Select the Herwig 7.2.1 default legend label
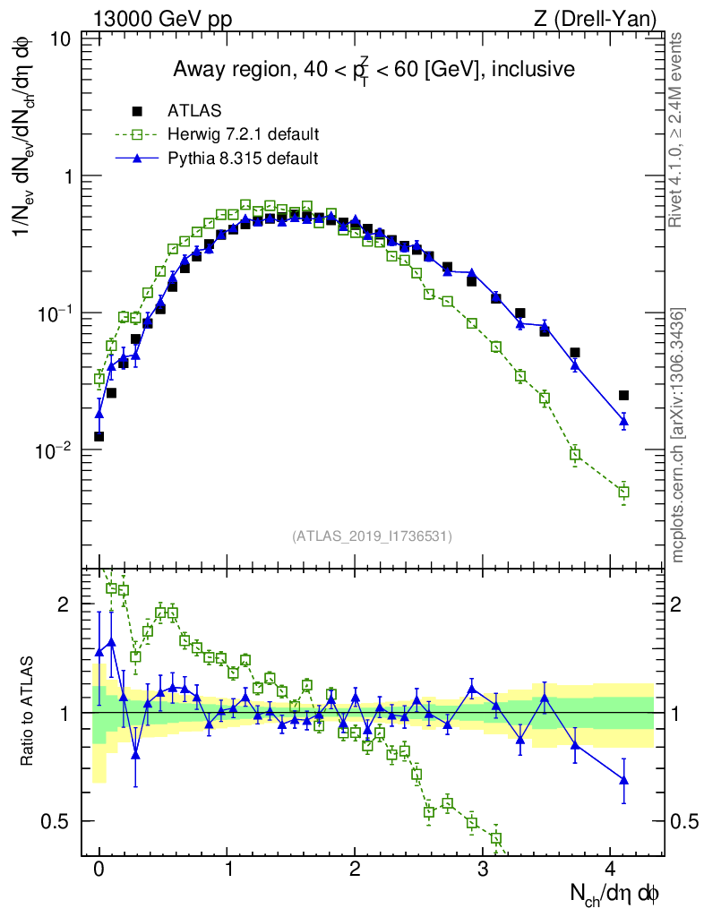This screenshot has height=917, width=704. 244,134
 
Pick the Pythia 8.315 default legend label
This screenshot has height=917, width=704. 243,159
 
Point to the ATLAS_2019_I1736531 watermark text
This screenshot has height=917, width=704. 372,536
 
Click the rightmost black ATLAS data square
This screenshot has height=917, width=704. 624,395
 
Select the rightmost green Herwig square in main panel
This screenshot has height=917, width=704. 624,492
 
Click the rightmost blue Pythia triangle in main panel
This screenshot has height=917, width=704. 624,421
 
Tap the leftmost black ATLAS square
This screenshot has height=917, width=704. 99,436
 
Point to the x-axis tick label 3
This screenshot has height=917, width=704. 483,870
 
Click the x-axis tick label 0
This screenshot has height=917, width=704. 99,870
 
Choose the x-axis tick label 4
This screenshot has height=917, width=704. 611,870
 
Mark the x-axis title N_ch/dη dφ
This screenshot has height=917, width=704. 615,894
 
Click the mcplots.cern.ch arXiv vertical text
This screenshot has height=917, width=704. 679,435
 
